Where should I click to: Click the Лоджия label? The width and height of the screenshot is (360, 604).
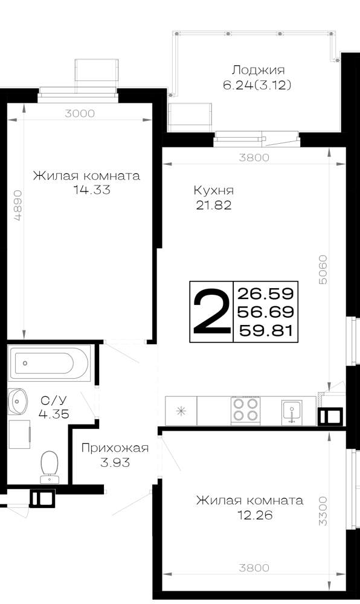tap(258, 71)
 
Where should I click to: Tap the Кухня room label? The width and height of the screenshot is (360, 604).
tap(214, 191)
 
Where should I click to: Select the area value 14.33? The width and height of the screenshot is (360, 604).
tap(92, 190)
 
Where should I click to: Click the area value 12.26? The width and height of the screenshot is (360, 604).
tap(255, 515)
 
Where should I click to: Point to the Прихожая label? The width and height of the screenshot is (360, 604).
tap(115, 448)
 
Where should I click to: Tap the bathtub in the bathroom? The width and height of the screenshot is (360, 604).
tap(49, 363)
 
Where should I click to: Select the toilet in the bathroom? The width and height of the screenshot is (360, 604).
tap(49, 467)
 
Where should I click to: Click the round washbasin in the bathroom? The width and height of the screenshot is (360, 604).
tap(18, 401)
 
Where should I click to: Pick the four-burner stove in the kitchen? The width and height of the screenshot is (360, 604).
tap(245, 410)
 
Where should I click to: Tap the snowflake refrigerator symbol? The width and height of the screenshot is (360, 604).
tap(181, 411)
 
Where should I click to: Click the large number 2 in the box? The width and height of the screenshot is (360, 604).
tap(211, 312)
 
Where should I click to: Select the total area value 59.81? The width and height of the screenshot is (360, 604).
tap(266, 330)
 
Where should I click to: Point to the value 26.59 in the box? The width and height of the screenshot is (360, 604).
tap(266, 294)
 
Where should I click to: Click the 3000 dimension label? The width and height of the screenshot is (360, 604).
tap(80, 114)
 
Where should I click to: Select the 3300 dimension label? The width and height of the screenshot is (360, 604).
tap(323, 511)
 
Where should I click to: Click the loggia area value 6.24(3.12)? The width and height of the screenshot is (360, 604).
tap(257, 85)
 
